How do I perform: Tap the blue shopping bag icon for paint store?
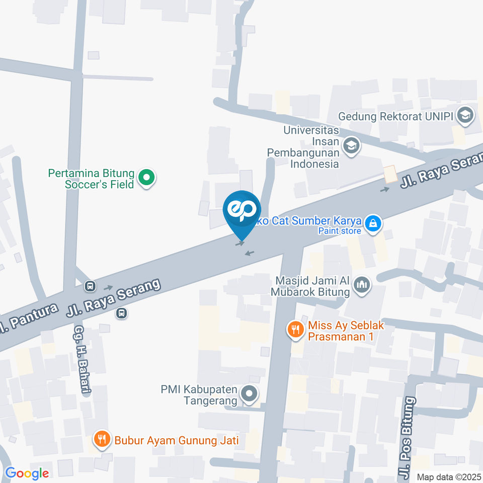(373, 223)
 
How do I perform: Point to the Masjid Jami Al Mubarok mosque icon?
(362, 285)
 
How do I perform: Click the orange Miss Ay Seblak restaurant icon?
(295, 330)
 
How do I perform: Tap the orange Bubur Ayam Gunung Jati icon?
(102, 440)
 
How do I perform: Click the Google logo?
(27, 473)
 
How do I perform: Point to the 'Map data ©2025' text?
(448, 476)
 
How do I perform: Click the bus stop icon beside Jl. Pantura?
(91, 286)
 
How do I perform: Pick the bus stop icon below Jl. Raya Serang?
(121, 313)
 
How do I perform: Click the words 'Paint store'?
(340, 231)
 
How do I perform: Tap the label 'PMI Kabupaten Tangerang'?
(199, 395)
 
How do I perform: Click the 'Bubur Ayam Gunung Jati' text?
(176, 441)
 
